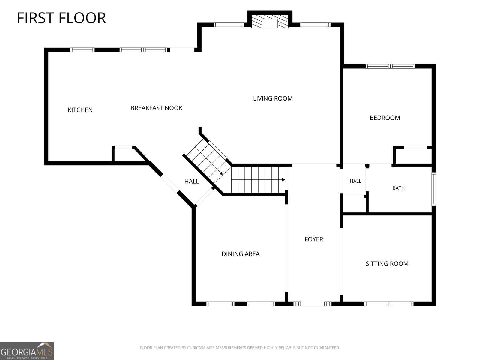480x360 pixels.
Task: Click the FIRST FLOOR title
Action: point(61,18)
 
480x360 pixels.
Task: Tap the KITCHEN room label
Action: point(80,110)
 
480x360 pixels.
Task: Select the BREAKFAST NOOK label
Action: point(156,108)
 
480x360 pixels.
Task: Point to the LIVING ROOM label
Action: point(273,98)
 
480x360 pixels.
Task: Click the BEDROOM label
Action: point(385,118)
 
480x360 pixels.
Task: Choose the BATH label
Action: point(398,188)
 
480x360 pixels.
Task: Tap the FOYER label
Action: point(314,239)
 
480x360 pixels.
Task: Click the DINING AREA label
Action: point(241,254)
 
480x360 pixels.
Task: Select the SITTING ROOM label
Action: point(387,264)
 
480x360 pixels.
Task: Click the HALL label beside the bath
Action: point(355,181)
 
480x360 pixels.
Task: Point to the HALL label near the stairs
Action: point(192,181)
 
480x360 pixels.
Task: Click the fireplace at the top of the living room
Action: point(270,21)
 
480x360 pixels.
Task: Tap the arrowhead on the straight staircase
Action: point(283,180)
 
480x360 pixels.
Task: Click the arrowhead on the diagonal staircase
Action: point(221,173)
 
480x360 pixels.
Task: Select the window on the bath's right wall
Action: point(434,189)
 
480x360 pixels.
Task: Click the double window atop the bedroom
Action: point(390,66)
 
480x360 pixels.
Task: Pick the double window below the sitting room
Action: point(389,304)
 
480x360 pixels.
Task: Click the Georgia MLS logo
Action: point(27,351)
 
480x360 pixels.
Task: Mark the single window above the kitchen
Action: point(82,50)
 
